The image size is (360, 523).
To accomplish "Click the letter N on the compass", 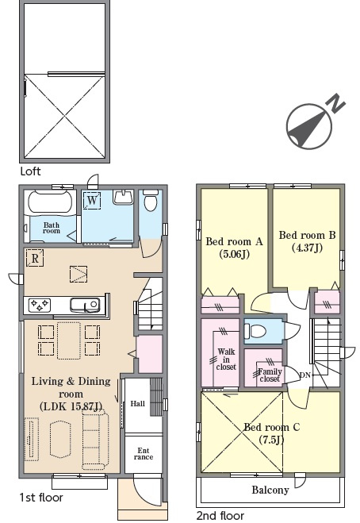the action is (337, 103).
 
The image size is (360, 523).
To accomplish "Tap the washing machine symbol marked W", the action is (92, 201).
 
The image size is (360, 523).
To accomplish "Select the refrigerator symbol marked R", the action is (35, 258).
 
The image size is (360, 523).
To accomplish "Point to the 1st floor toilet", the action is (151, 200).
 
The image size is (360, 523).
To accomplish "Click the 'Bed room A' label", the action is (235, 241).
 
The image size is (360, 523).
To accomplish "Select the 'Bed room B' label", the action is (307, 235).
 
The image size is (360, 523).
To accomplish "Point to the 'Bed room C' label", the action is (272, 427).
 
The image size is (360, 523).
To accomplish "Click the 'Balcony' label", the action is (270, 490).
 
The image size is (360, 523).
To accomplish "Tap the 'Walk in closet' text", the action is (226, 360).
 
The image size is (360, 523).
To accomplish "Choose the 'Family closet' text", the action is (270, 375).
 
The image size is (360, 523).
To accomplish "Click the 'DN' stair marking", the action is (305, 375).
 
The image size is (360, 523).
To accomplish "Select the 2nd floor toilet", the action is (255, 331).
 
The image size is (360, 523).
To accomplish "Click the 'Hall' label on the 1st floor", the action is (137, 404).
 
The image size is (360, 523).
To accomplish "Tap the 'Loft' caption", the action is (30, 171).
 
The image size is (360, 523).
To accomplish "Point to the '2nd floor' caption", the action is (220, 516).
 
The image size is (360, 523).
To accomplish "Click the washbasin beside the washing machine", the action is (124, 197).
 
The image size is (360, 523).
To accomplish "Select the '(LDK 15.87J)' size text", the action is (71, 406).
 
